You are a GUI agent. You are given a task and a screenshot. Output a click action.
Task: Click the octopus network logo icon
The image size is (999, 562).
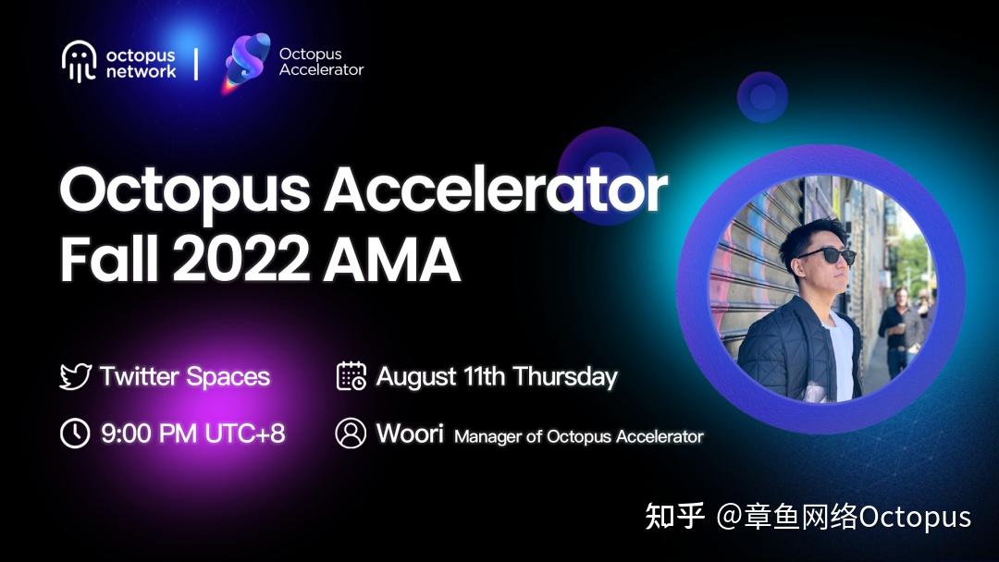click(x=79, y=62)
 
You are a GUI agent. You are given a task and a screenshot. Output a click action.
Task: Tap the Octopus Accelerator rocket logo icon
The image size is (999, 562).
click(x=247, y=62)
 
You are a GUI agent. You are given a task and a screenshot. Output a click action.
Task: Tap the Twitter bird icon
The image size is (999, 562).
click(x=75, y=377)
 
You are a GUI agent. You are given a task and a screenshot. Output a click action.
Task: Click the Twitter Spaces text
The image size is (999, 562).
click(x=185, y=377)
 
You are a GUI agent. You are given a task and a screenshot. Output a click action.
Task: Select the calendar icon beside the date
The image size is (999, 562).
click(x=351, y=377)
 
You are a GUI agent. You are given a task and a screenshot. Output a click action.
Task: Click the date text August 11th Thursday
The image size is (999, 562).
click(x=497, y=377)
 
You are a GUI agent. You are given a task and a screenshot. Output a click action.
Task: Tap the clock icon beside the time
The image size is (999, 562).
click(x=75, y=433)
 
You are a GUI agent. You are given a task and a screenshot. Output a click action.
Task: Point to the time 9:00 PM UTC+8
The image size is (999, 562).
click(x=192, y=433)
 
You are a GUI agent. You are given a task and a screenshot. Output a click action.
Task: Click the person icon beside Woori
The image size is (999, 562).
click(x=351, y=433)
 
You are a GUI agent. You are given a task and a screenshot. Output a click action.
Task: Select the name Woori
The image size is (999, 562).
click(x=410, y=433)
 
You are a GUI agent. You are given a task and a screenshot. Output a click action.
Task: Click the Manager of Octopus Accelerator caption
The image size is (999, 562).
click(x=579, y=436)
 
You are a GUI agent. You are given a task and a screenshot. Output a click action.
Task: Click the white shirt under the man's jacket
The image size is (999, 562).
click(x=838, y=351)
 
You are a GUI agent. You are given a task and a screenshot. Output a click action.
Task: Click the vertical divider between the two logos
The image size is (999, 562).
click(x=195, y=62)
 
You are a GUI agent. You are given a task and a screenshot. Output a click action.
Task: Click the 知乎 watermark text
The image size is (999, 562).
click(x=674, y=516)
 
